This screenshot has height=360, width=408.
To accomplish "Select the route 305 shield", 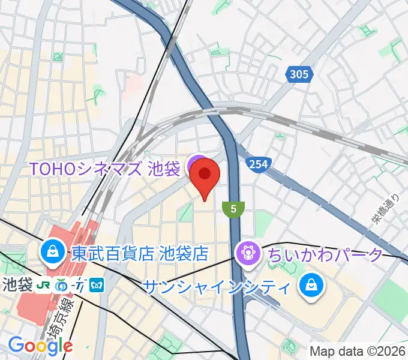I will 298,74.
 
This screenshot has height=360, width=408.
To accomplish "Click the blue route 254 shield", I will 257,164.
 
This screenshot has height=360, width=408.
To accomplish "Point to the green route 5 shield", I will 233,209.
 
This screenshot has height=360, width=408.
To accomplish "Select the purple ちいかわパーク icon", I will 247,253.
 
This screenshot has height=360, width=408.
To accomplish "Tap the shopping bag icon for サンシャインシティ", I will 312,286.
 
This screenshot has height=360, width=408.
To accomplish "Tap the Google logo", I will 40,346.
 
